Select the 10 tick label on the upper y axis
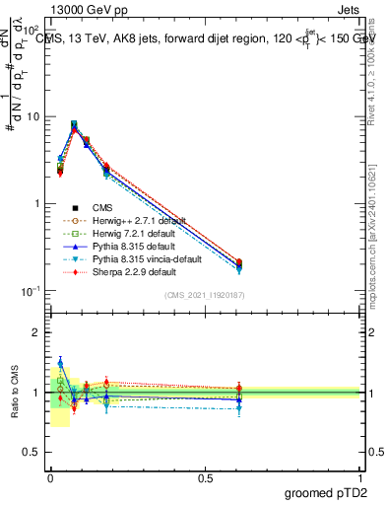(32, 116)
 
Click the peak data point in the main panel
(74, 125)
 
